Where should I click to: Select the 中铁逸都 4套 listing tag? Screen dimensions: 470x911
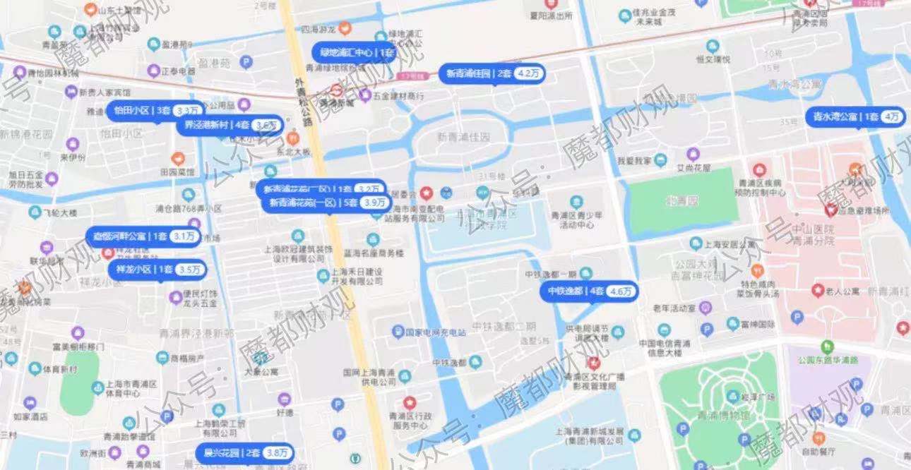pyautogui.click(x=592, y=291)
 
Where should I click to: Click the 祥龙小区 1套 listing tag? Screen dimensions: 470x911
pyautogui.click(x=157, y=270)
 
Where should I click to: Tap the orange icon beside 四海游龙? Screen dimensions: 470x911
pyautogui.click(x=345, y=29)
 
